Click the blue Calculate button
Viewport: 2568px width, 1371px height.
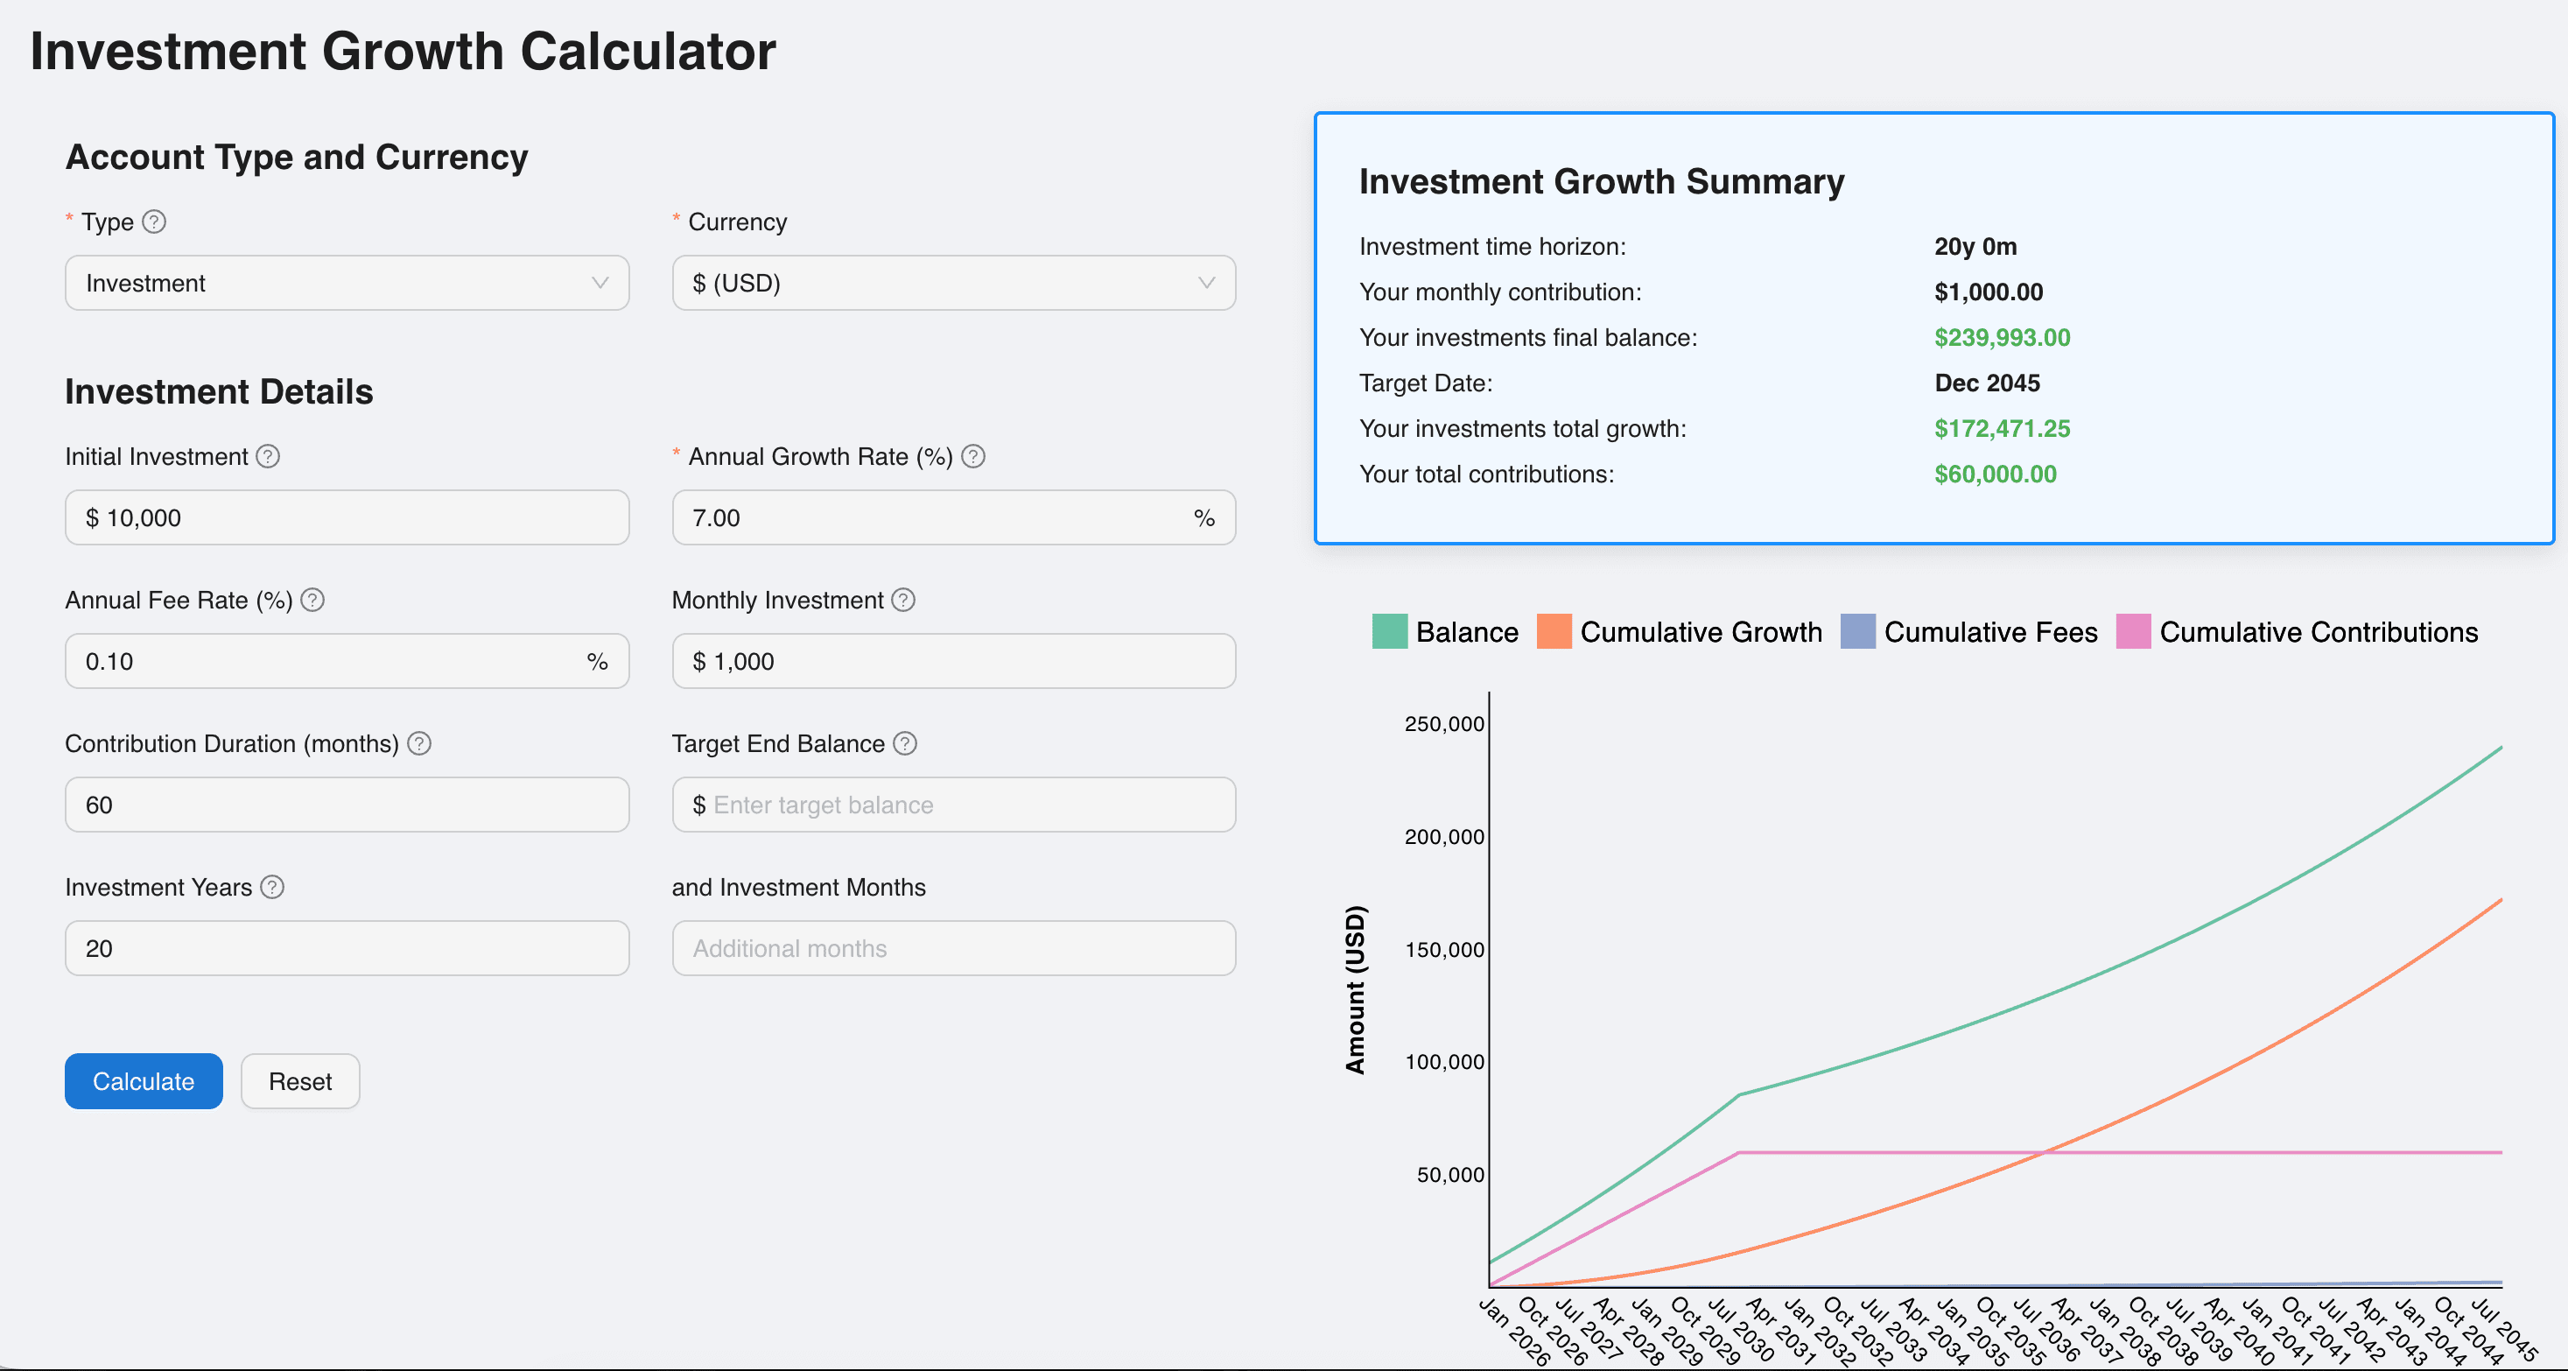point(144,1081)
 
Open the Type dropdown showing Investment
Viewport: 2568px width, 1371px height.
point(346,283)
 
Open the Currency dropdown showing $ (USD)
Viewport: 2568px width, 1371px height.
point(953,283)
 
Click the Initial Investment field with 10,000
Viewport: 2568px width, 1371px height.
point(346,517)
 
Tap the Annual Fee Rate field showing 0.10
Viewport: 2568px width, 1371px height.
point(329,661)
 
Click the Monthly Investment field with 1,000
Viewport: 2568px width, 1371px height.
point(953,661)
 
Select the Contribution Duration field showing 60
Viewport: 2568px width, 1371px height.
point(346,805)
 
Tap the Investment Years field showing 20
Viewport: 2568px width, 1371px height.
point(346,948)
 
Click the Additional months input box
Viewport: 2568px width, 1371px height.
point(953,948)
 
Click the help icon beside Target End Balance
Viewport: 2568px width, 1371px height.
point(904,744)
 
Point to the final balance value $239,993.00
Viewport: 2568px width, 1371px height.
point(2002,338)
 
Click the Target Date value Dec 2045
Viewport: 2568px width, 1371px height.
point(1987,383)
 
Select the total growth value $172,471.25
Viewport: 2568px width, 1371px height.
point(2002,429)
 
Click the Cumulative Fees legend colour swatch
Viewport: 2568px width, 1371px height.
point(1857,632)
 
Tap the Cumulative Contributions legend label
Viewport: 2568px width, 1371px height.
point(2318,632)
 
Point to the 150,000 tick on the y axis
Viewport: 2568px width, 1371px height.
point(1443,949)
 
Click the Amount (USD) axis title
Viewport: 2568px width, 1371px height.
point(1355,989)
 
